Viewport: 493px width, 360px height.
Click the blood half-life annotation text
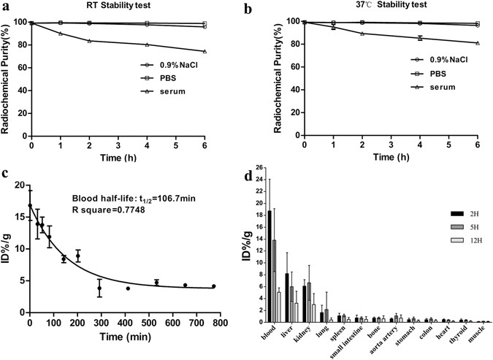point(135,198)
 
